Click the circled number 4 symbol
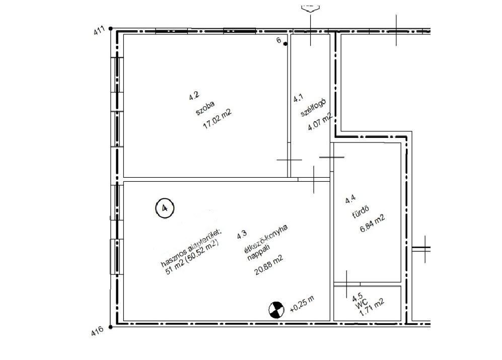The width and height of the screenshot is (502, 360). click(x=165, y=208)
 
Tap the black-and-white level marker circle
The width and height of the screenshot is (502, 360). click(x=276, y=310)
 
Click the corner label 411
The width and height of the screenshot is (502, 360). click(x=99, y=30)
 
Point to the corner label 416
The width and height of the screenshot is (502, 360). click(x=97, y=331)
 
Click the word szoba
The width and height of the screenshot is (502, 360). click(x=205, y=108)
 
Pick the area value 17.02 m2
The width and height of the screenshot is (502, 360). click(x=217, y=119)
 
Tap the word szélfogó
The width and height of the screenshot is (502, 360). click(x=313, y=107)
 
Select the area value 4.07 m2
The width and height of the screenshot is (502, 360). click(x=320, y=122)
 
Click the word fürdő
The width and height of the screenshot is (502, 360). click(x=361, y=211)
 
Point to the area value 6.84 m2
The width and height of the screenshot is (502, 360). click(x=372, y=223)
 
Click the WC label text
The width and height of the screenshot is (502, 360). click(x=362, y=304)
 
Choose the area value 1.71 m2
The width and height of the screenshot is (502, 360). click(x=372, y=308)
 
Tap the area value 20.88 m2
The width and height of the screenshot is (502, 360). click(x=268, y=265)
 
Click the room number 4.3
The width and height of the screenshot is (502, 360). click(x=242, y=235)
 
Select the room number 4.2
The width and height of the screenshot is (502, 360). click(x=194, y=96)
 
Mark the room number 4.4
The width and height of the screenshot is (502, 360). click(x=350, y=199)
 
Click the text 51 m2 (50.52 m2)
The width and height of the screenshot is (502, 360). click(x=192, y=257)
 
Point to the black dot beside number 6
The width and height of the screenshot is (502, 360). click(x=285, y=44)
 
